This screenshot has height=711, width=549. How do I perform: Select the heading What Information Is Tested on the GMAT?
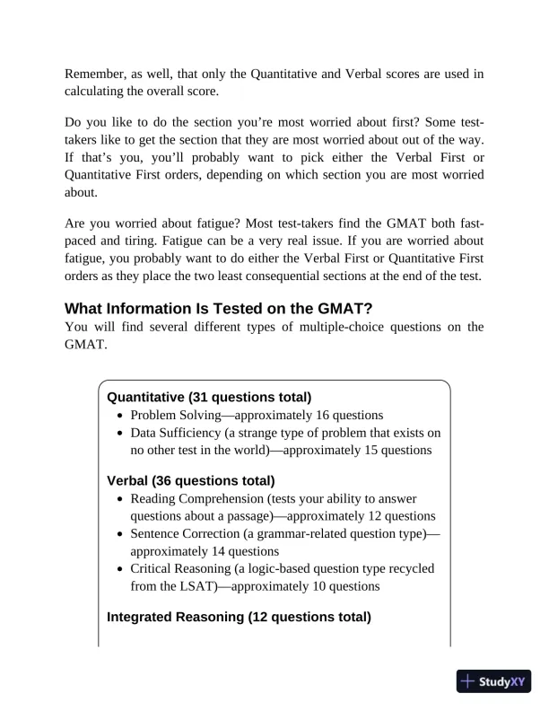tap(218, 309)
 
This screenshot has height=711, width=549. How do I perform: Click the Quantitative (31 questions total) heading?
tap(209, 397)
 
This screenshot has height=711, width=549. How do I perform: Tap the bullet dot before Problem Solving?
tap(121, 416)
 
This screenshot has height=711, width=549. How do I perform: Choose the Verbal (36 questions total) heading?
tap(190, 481)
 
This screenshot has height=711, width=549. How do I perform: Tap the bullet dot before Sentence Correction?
tap(121, 533)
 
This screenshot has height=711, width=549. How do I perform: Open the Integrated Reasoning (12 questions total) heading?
tap(239, 617)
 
